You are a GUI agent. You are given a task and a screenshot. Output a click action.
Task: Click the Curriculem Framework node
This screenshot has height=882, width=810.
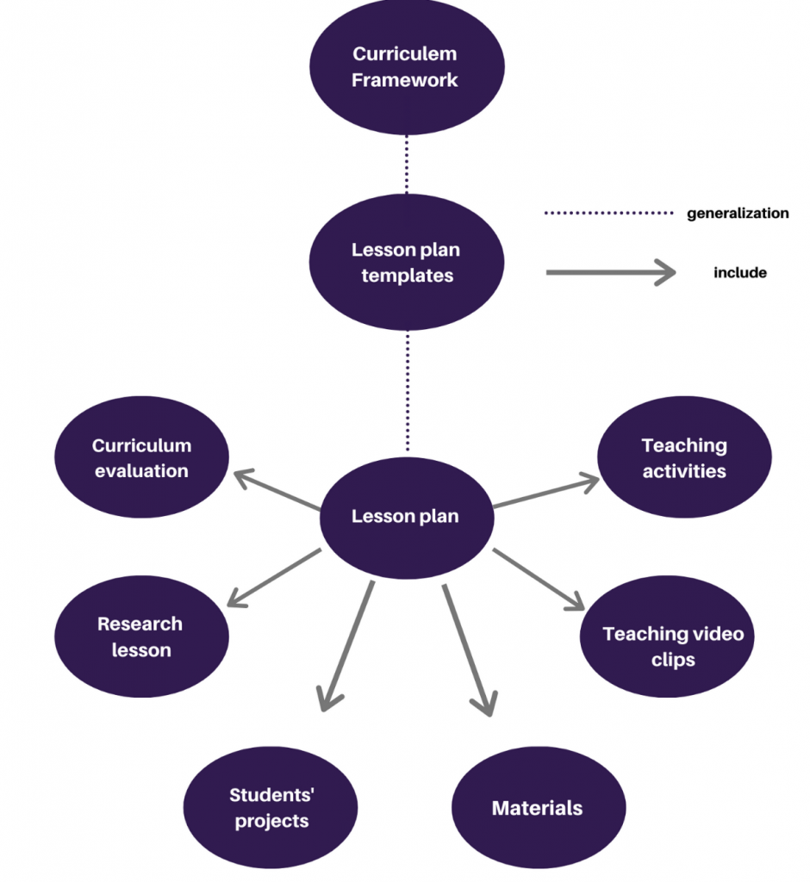coord(405,67)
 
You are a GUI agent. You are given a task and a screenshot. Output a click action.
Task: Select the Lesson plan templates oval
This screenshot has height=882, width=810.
coord(405,263)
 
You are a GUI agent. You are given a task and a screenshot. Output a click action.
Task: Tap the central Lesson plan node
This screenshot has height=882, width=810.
coord(405,517)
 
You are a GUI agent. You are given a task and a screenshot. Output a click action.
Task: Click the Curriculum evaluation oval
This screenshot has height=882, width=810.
coord(142,458)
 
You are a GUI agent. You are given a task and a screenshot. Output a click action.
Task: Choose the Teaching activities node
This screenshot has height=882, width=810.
coord(683,458)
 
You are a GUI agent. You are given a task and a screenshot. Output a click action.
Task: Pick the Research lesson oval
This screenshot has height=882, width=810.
coord(140,637)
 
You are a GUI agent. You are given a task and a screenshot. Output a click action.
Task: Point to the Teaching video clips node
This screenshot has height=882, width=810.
coord(672,646)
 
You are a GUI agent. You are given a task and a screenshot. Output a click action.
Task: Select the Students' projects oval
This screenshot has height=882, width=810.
coord(271,808)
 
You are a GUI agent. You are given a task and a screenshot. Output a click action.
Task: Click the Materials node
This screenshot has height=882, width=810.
coord(537,808)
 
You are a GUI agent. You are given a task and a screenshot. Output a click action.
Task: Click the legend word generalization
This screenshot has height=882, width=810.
coord(737,213)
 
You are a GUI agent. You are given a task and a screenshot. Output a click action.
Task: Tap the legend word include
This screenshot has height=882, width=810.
coord(739,273)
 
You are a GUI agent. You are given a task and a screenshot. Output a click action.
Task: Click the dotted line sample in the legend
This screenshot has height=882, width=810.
coord(608,213)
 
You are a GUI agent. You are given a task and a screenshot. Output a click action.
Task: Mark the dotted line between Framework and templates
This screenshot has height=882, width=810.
coord(407,164)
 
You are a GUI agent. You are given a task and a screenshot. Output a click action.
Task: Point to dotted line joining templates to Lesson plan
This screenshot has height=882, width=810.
coord(408,392)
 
